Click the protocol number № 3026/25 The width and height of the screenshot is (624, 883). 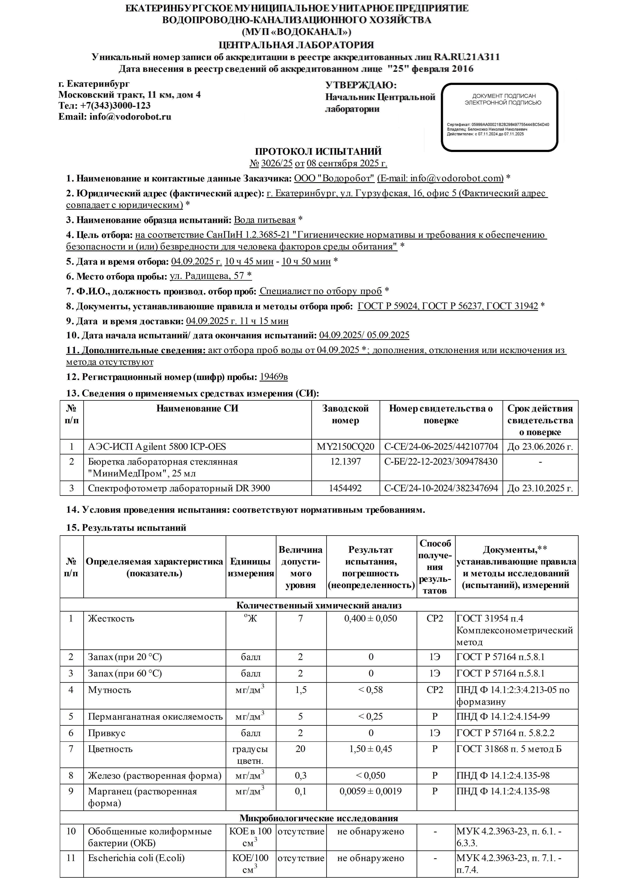click(271, 163)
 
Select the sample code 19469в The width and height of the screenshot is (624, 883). click(273, 377)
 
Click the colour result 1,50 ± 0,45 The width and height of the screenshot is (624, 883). click(371, 749)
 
